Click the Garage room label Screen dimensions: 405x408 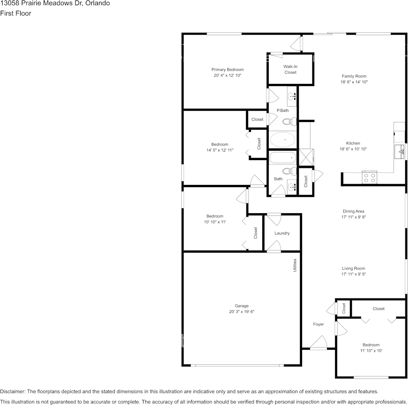[242, 306]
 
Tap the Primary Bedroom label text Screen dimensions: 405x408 [228, 70]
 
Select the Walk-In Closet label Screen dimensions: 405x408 [291, 69]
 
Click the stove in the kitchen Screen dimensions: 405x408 [369, 177]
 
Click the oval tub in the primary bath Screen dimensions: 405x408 [282, 139]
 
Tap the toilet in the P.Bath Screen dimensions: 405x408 [292, 122]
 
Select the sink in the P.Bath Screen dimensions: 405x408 [292, 96]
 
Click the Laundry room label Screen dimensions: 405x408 [282, 233]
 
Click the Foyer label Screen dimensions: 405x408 [318, 324]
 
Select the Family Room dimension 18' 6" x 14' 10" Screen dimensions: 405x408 [354, 82]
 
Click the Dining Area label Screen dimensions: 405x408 [354, 211]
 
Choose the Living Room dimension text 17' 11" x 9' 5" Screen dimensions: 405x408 [354, 274]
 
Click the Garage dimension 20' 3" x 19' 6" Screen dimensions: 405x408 [242, 312]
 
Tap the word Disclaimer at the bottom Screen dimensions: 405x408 [12, 391]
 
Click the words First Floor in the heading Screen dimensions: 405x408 [15, 13]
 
